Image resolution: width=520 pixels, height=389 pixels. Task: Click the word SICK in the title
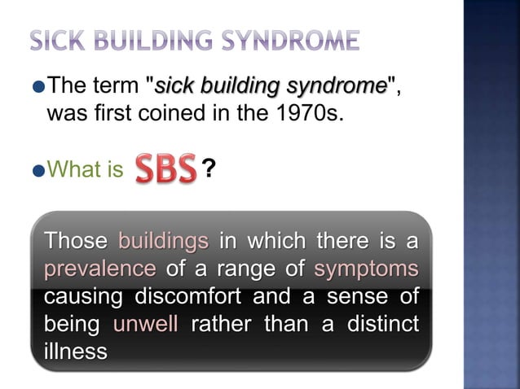point(57,38)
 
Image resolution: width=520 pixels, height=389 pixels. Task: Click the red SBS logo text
point(165,168)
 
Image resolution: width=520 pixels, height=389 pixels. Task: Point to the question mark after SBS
point(209,168)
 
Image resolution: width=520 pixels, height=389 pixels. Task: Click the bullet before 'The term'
point(40,85)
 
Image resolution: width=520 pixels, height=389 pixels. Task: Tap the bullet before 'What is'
point(40,169)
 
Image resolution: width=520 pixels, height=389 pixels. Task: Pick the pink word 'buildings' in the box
point(164,241)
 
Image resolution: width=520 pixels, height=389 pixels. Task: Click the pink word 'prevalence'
point(100,269)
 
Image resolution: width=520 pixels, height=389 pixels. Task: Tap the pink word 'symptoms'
point(366,269)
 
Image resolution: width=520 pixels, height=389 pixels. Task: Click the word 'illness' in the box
point(76,352)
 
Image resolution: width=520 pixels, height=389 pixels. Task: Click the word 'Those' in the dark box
point(76,241)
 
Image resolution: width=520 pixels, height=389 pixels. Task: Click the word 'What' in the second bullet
point(68,169)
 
